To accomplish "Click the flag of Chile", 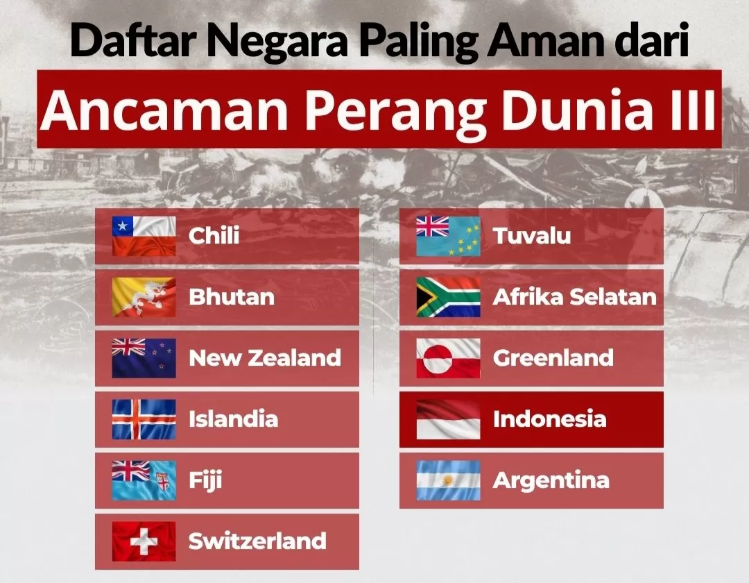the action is pyautogui.click(x=144, y=236).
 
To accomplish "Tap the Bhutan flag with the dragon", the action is pyautogui.click(x=144, y=297).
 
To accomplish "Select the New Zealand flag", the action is pyautogui.click(x=144, y=358).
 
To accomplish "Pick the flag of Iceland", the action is pyautogui.click(x=144, y=419).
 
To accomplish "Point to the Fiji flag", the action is pyautogui.click(x=144, y=480).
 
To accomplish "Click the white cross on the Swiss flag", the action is pyautogui.click(x=144, y=541).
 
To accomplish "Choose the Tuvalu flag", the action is pyautogui.click(x=448, y=236).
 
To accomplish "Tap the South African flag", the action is pyautogui.click(x=448, y=297).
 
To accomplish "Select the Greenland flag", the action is pyautogui.click(x=448, y=358).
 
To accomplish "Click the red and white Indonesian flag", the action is pyautogui.click(x=448, y=419).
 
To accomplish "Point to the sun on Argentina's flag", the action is pyautogui.click(x=448, y=480).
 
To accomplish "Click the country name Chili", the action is pyautogui.click(x=214, y=235).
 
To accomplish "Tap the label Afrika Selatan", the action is pyautogui.click(x=575, y=297).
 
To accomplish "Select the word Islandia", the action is pyautogui.click(x=233, y=419).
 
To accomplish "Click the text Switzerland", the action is pyautogui.click(x=257, y=541).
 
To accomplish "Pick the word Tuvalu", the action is pyautogui.click(x=532, y=235).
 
